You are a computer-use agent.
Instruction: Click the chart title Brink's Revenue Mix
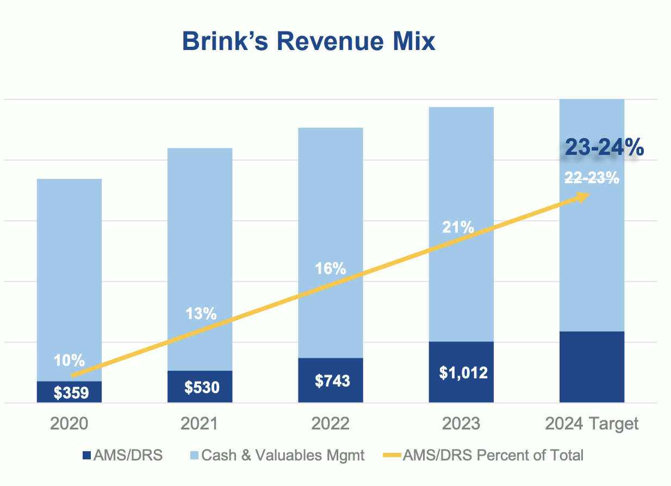308,41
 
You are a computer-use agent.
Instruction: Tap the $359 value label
71,392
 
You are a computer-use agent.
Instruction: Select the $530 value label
202,387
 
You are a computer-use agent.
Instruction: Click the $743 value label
332,381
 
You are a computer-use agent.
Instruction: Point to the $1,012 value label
463,373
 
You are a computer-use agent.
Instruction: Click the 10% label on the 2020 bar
69,360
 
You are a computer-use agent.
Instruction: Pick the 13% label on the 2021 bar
201,314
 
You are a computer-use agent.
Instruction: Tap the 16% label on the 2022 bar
330,269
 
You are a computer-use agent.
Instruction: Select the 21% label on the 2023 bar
458,227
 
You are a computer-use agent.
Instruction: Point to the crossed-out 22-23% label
592,177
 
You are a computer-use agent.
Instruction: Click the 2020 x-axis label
69,423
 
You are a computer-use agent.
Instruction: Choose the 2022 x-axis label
330,423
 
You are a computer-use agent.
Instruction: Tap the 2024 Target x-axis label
592,423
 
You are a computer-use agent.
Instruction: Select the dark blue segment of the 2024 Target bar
592,367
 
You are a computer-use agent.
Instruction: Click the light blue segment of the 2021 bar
200,245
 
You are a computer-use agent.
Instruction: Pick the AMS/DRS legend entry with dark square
122,455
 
